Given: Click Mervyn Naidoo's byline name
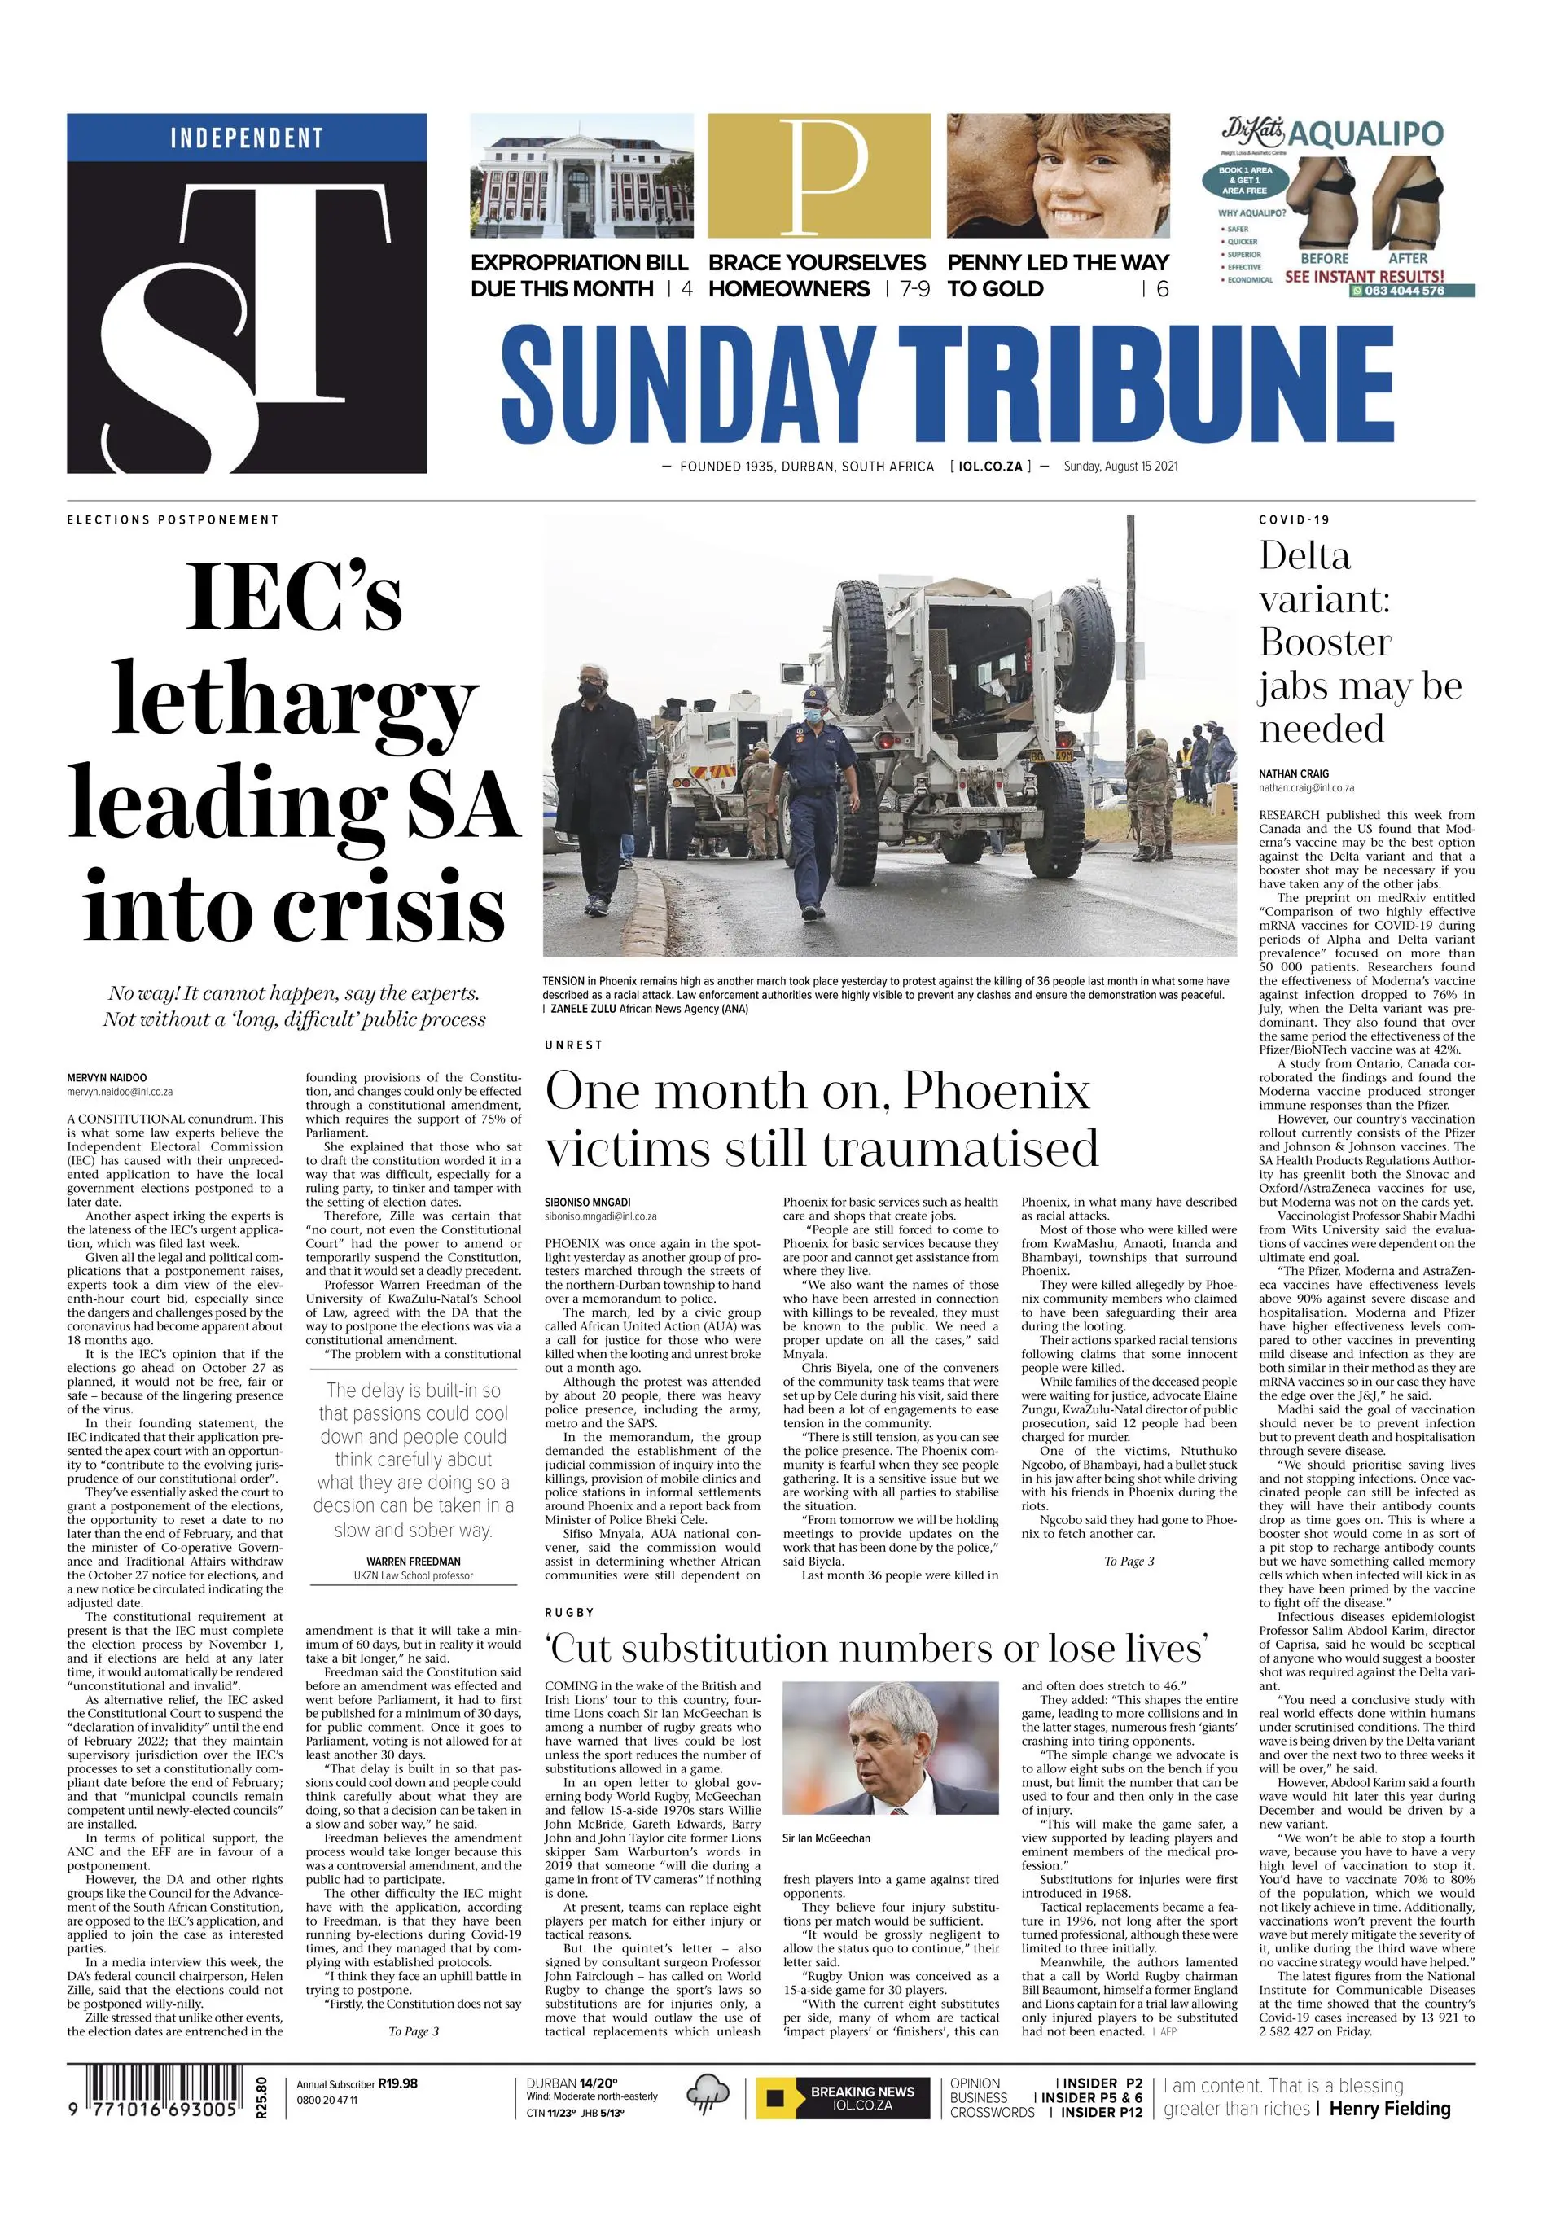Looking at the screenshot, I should coord(107,1078).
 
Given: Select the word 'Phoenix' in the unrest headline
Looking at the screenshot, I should coord(996,1093).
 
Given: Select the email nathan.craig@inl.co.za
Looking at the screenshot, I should coord(1306,789).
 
